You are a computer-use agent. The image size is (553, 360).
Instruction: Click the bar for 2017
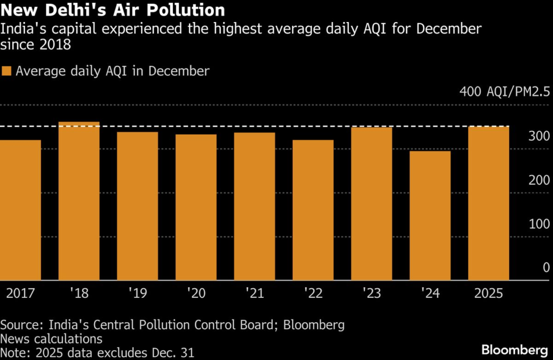coord(21,210)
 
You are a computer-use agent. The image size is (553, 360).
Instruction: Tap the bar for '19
coord(137,206)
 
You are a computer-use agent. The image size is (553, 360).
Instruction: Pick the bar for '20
coord(195,208)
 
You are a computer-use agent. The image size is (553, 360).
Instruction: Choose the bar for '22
coord(313,210)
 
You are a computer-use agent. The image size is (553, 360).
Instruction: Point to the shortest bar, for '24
coord(430,216)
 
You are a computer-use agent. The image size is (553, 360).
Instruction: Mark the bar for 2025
coord(488,203)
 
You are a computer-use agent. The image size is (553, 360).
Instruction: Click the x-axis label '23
coord(372,294)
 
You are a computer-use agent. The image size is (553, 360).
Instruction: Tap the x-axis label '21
coord(254,294)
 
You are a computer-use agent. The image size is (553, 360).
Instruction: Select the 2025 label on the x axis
coord(488,294)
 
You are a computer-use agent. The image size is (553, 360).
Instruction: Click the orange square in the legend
coord(6,71)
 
